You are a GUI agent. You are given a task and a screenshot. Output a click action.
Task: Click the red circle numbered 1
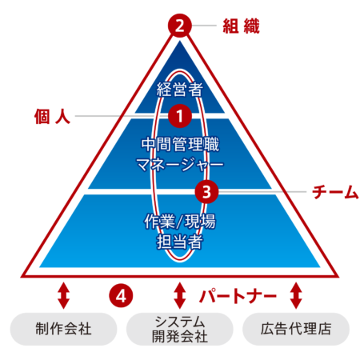[x=180, y=116]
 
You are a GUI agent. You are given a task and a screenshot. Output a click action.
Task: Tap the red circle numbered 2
[x=180, y=26]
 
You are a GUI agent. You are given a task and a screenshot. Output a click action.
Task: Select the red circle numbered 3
[x=206, y=191]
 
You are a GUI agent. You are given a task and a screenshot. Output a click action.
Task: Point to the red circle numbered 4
[x=121, y=295]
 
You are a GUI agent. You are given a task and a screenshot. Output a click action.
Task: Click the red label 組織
[x=241, y=26]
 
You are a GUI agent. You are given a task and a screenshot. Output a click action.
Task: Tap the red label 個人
[x=52, y=116]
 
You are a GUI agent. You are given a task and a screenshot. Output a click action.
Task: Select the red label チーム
[x=335, y=192]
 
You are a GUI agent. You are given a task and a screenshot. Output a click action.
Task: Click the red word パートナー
[x=238, y=296]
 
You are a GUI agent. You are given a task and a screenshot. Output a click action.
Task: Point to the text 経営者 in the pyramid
[x=180, y=89]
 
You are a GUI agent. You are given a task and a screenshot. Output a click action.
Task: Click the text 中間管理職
[x=180, y=144]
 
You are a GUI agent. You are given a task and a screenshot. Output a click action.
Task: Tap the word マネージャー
[x=180, y=165]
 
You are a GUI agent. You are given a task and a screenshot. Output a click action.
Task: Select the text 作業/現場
[x=180, y=221]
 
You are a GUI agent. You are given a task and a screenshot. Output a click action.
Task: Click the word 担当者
[x=180, y=242]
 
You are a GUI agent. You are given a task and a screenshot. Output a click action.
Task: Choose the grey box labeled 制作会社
[x=63, y=329]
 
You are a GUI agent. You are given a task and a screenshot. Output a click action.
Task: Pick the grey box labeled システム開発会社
[x=180, y=329]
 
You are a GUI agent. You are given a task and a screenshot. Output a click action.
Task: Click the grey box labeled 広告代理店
[x=296, y=329]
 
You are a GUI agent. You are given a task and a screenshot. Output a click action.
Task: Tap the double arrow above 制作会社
[x=63, y=295]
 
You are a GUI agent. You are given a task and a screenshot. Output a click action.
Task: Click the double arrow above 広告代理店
[x=296, y=295]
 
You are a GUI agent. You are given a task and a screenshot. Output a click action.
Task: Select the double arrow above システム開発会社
[x=180, y=295]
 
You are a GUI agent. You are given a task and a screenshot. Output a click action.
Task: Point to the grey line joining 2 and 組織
[x=204, y=26]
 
